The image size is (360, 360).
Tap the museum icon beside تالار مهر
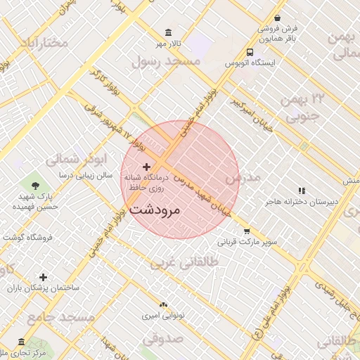167,32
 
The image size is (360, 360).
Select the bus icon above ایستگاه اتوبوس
250,52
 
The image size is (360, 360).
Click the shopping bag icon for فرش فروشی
278,18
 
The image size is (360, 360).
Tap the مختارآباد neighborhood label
45,42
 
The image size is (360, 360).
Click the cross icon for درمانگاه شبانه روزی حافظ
146,167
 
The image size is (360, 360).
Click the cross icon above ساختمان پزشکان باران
44,278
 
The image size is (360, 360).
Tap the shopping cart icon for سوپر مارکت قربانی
247,231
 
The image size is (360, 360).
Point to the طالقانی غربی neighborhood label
186,262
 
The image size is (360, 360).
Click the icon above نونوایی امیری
164,304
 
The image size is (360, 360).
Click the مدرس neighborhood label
242,178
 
